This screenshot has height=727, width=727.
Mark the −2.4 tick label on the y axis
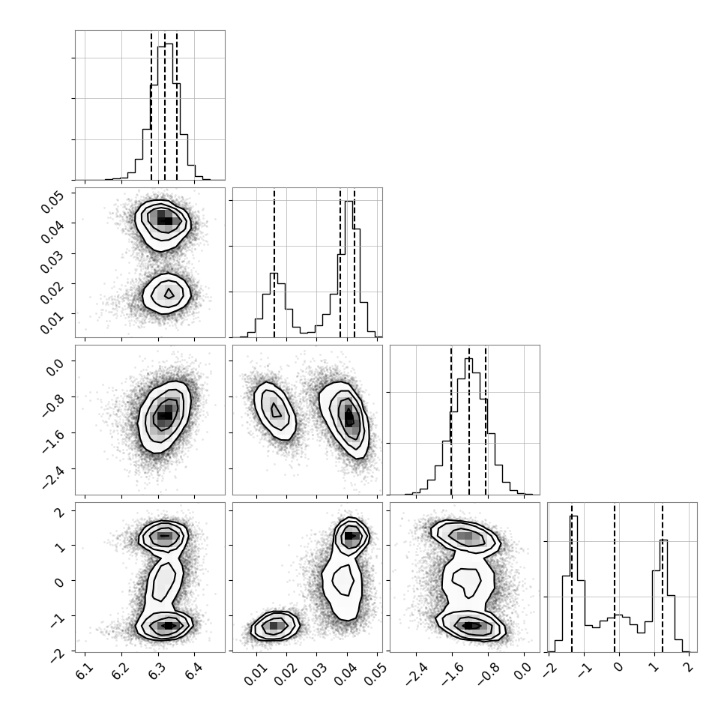pyautogui.click(x=53, y=477)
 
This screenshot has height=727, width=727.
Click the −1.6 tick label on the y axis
pyautogui.click(x=53, y=441)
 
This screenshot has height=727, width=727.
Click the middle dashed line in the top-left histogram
pyautogui.click(x=165, y=106)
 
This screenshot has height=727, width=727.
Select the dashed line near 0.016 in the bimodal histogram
pyautogui.click(x=274, y=263)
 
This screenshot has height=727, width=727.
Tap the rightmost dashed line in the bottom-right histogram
pyautogui.click(x=662, y=578)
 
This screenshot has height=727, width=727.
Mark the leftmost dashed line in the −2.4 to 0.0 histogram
pyautogui.click(x=451, y=420)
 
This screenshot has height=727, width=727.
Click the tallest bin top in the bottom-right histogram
pyautogui.click(x=573, y=516)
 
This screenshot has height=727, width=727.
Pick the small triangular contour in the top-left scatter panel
pyautogui.click(x=169, y=294)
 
